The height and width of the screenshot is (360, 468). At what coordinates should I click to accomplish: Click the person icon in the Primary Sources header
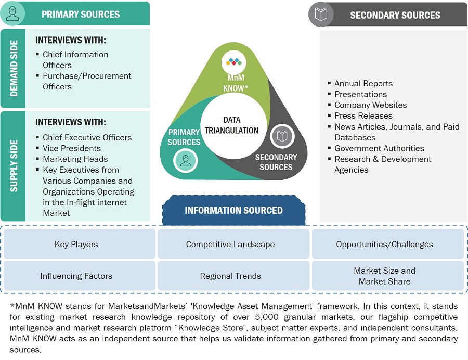click(x=14, y=14)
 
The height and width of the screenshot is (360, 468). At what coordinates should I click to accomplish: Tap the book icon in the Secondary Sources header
click(x=321, y=15)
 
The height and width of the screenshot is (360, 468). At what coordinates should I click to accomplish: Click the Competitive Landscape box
click(x=230, y=244)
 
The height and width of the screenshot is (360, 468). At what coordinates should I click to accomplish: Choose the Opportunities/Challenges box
click(x=384, y=244)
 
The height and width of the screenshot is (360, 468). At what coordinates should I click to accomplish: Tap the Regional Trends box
click(x=230, y=276)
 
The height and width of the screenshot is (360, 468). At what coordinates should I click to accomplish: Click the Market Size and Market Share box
click(x=384, y=276)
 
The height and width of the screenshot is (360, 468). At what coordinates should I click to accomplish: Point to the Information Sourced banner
click(x=233, y=210)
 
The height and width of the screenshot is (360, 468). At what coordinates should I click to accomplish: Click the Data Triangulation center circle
click(x=231, y=126)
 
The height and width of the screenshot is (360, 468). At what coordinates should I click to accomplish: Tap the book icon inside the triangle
click(x=282, y=136)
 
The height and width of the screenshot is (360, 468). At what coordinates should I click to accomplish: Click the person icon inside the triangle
click(x=186, y=160)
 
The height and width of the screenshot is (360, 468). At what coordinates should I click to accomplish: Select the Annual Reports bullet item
click(x=363, y=83)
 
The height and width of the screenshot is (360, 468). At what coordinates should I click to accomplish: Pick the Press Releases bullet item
click(x=363, y=115)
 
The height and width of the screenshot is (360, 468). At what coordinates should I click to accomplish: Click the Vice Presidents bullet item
click(x=72, y=148)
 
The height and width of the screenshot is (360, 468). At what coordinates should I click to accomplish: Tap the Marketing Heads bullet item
click(x=75, y=159)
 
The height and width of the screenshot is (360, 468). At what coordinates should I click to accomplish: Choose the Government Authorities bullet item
click(x=379, y=148)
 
